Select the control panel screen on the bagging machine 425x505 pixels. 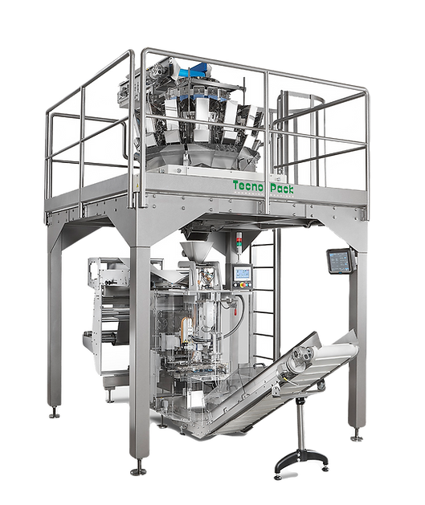(x=241, y=276)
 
